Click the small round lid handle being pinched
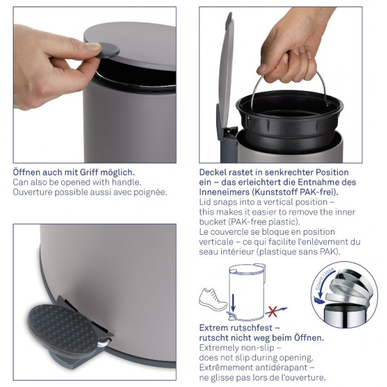(x=108, y=50)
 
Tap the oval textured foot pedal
(x=62, y=327)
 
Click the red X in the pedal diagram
(x=272, y=312)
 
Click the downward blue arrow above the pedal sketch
(x=233, y=303)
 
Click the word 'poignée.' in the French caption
(x=150, y=192)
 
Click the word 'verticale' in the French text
(x=216, y=242)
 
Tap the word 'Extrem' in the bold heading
(x=213, y=328)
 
